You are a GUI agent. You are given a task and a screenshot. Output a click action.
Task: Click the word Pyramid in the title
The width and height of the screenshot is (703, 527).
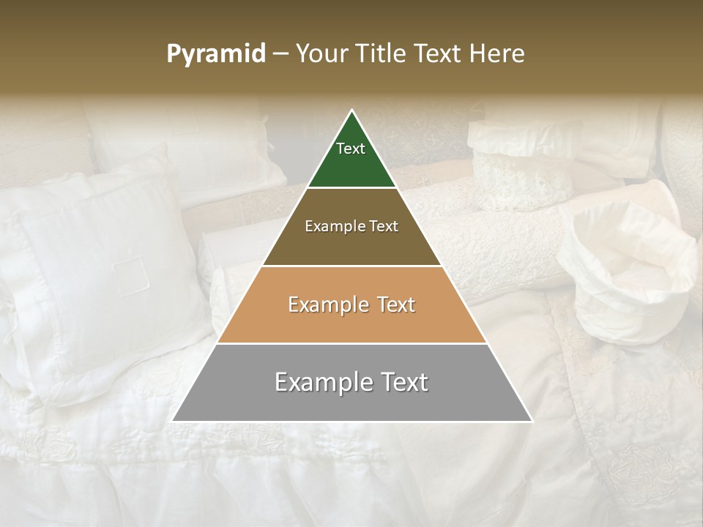(x=215, y=54)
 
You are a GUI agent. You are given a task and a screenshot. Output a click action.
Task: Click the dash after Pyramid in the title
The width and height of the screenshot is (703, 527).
(x=280, y=54)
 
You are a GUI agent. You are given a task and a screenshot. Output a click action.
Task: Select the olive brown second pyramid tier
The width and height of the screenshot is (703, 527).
(x=351, y=242)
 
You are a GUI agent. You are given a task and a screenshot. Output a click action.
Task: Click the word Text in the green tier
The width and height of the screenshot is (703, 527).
(x=351, y=149)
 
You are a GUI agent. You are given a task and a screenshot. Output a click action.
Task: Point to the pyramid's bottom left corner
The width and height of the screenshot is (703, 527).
(x=173, y=421)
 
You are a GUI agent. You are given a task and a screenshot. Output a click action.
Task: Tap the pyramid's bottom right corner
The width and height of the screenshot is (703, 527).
(x=532, y=421)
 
